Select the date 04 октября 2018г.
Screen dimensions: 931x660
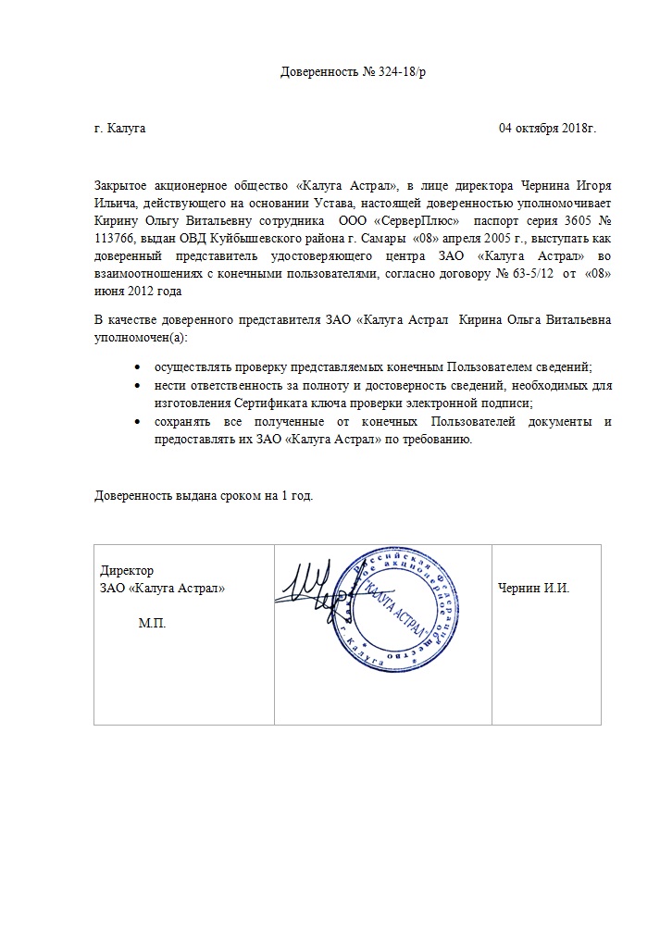(547, 128)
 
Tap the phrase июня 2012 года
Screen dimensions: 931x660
(138, 291)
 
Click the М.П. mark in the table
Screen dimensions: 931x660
(153, 624)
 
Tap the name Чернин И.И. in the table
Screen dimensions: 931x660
(533, 588)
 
